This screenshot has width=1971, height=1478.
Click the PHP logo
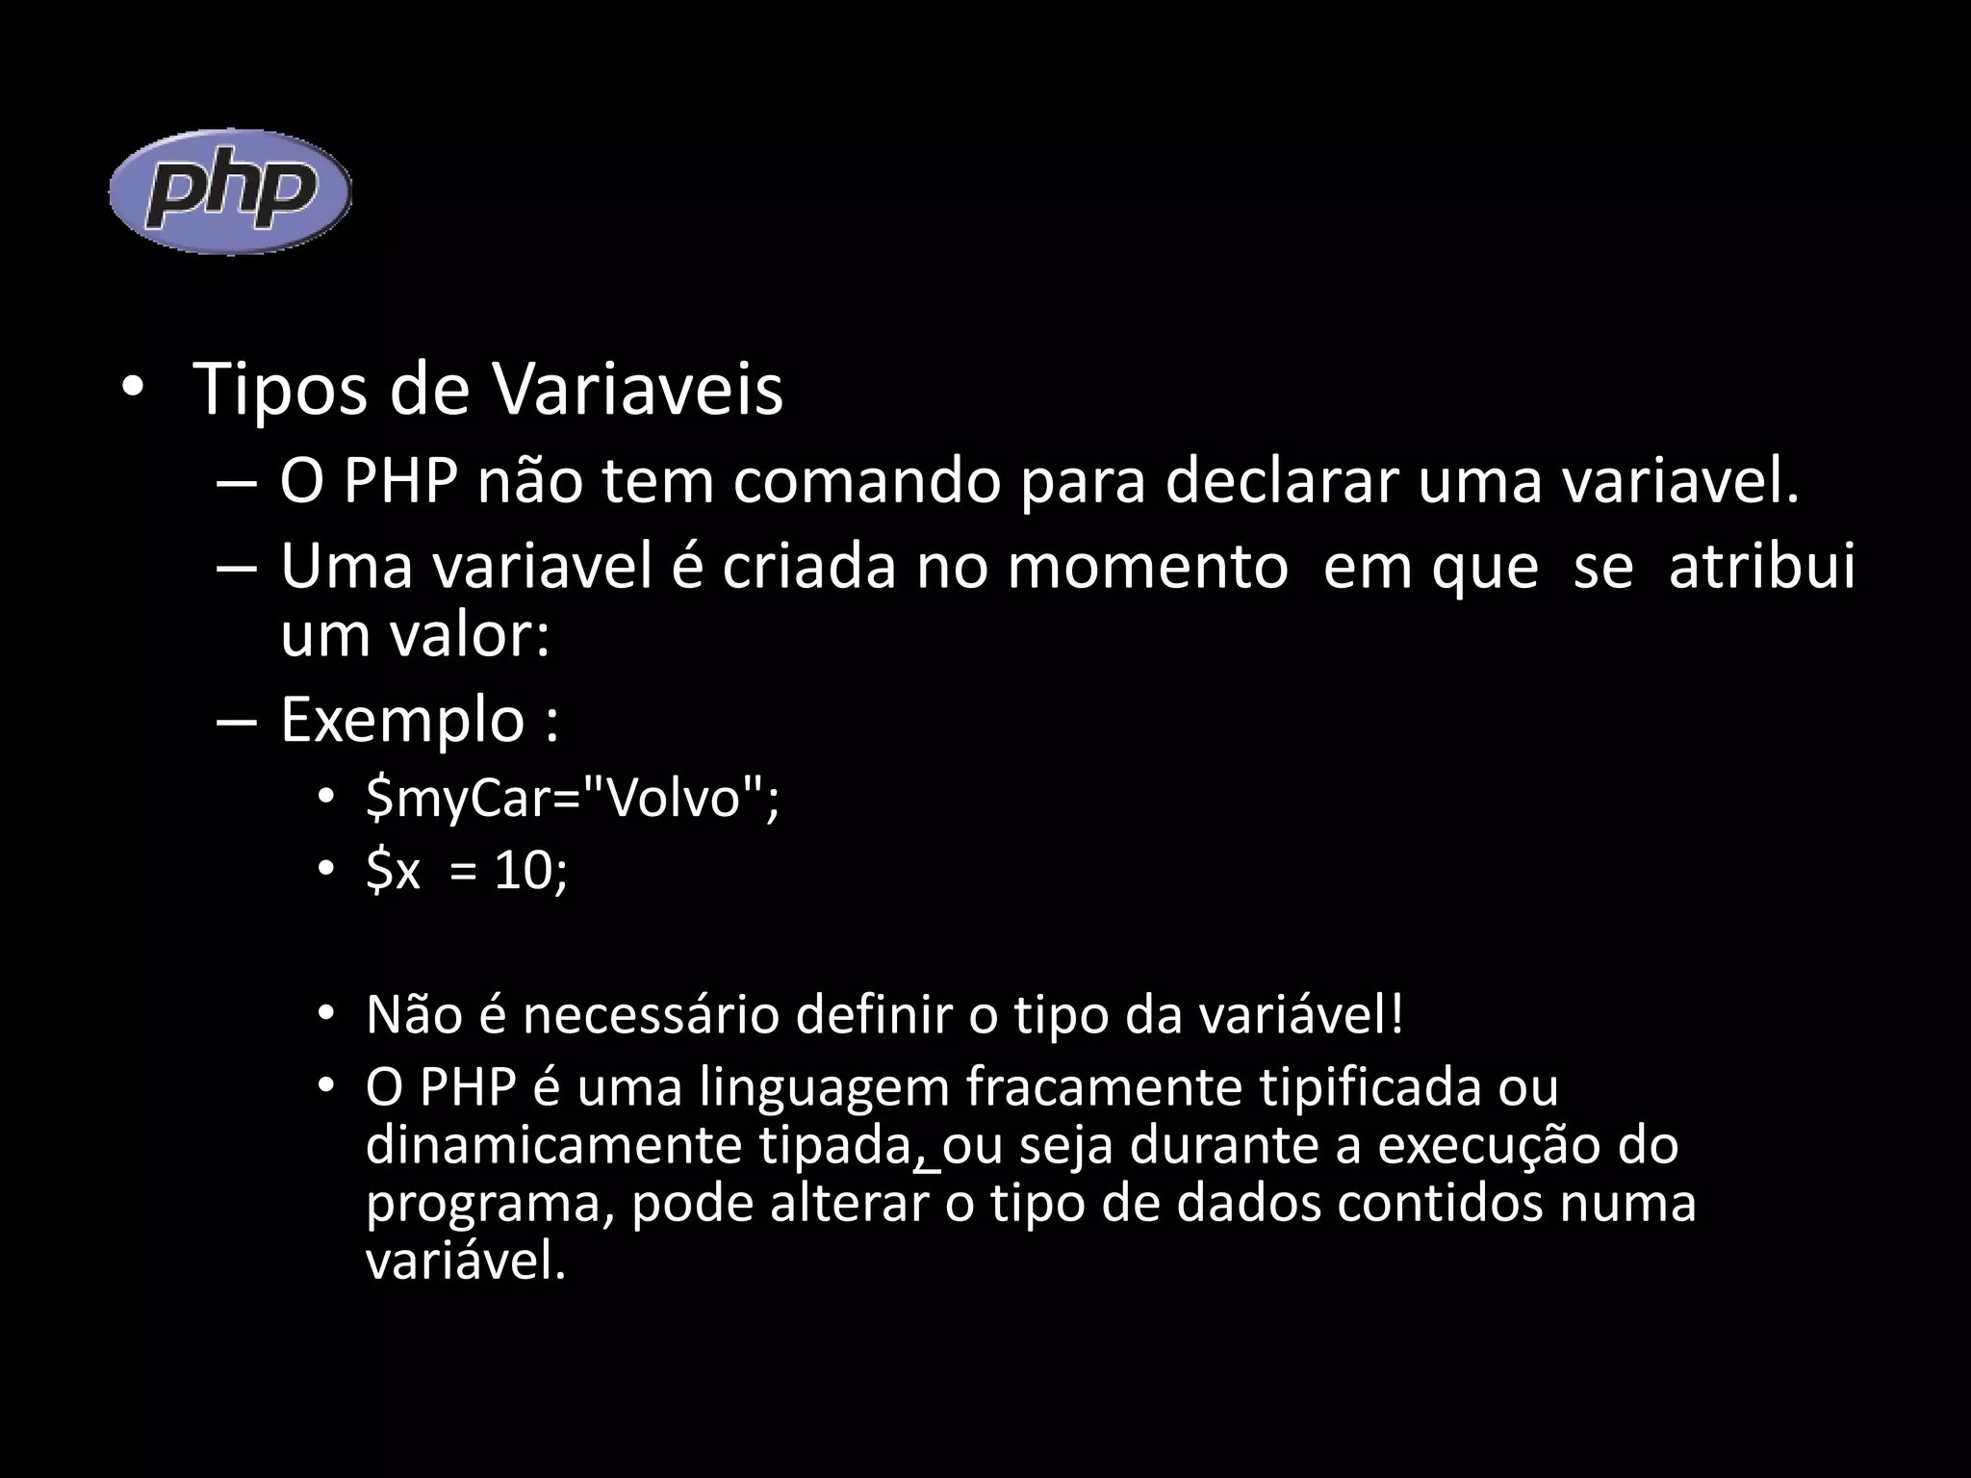pyautogui.click(x=230, y=191)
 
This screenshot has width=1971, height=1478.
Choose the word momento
pyautogui.click(x=1147, y=567)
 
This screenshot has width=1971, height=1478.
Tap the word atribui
pyautogui.click(x=1761, y=567)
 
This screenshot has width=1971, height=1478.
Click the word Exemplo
pyautogui.click(x=401, y=721)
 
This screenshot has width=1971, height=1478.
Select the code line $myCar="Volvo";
pyautogui.click(x=572, y=798)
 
